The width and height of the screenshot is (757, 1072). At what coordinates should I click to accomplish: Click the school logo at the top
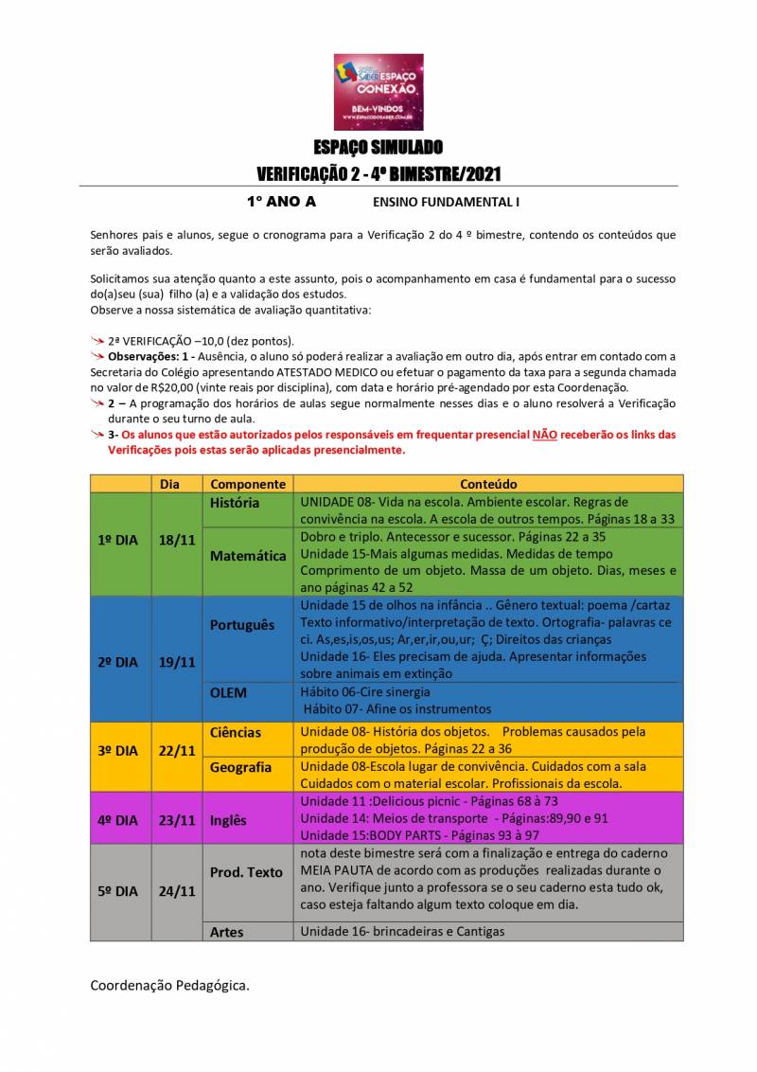point(378,91)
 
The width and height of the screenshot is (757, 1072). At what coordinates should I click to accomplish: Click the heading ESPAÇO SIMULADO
point(378,148)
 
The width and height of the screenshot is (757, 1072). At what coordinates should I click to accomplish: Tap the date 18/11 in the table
point(177,539)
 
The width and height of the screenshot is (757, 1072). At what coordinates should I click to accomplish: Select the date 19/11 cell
point(177,662)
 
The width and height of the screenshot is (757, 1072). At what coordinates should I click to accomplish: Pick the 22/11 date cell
point(177,750)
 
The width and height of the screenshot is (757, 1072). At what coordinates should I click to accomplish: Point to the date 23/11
point(177,821)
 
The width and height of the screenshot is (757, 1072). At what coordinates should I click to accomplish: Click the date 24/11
point(177,891)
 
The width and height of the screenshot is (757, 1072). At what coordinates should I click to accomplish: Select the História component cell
point(234,503)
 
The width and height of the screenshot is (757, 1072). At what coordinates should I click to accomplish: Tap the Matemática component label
point(248,556)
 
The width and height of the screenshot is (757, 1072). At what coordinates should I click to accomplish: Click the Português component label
point(241,625)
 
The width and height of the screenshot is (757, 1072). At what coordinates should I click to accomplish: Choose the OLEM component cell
point(228,692)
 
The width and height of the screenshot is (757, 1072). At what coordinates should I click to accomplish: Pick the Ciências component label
point(236,732)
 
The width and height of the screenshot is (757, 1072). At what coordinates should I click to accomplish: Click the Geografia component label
point(240,767)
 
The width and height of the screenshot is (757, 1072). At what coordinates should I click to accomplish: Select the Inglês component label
point(228,821)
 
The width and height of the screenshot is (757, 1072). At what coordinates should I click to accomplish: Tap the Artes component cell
point(227,932)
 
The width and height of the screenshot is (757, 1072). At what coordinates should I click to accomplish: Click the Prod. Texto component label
point(246,872)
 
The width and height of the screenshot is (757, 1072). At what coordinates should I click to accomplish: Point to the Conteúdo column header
point(488,483)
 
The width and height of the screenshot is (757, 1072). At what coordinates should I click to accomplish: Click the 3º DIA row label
point(118,750)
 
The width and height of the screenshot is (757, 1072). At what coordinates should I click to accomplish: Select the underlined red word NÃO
point(544,435)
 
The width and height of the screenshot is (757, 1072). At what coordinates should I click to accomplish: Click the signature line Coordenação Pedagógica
point(170,986)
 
